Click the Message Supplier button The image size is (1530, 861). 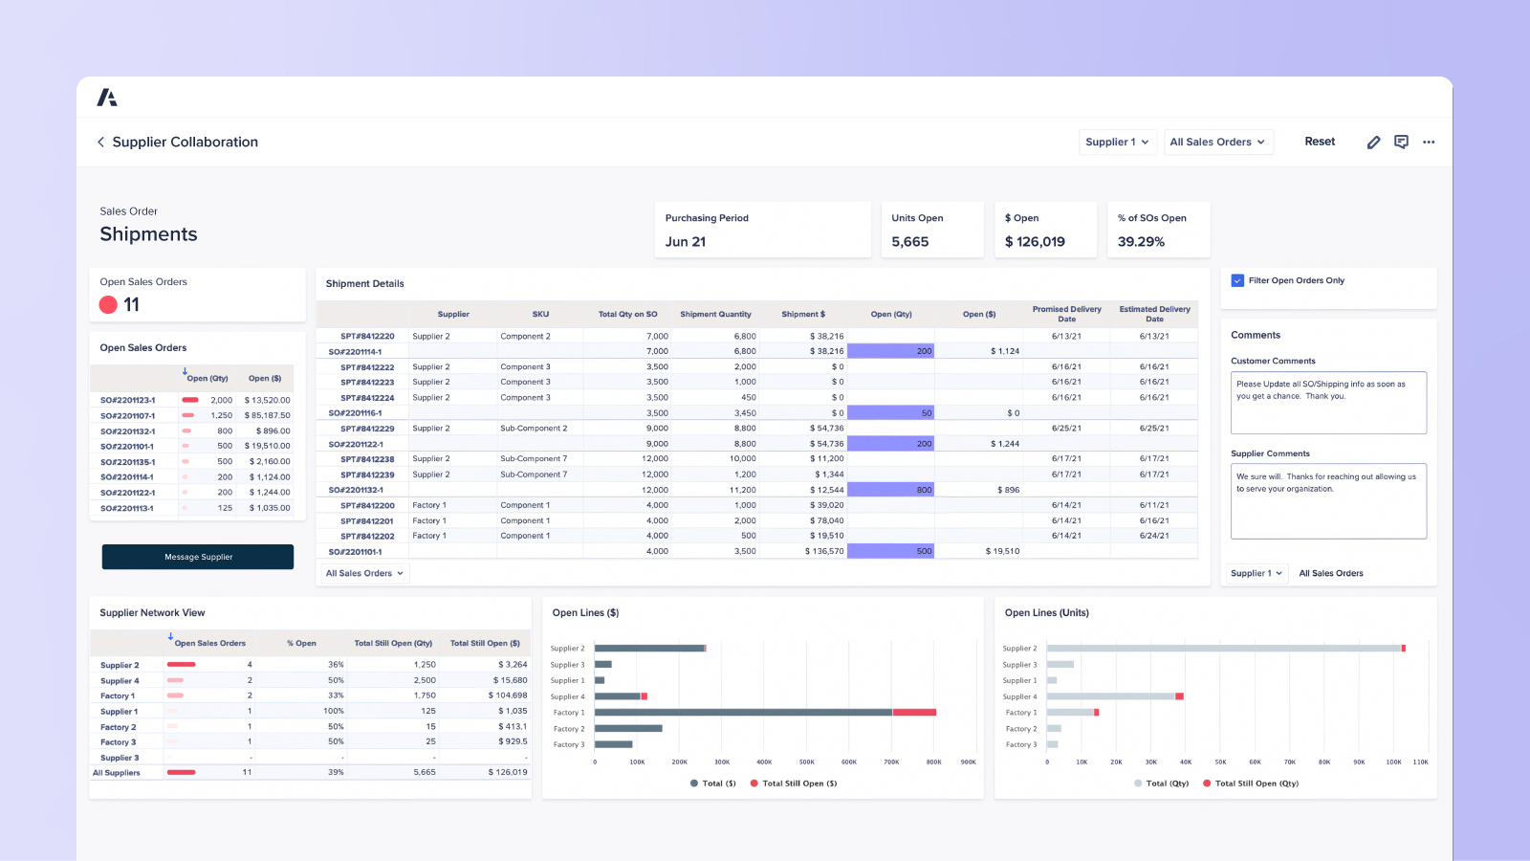tap(198, 557)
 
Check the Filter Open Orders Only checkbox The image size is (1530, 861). tap(1237, 280)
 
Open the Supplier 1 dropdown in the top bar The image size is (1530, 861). tap(1117, 142)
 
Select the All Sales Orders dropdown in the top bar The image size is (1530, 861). tap(1217, 142)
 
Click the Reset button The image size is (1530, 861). tap(1320, 142)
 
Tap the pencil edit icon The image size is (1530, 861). tap(1373, 142)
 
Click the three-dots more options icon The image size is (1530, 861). tap(1429, 142)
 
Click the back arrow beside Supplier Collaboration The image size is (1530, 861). tap(100, 142)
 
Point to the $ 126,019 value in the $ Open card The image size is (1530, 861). tap(1035, 242)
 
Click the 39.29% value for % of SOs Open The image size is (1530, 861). tap(1141, 242)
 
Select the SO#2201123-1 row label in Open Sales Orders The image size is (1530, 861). tap(127, 400)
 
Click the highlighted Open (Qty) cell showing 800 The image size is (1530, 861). tap(891, 490)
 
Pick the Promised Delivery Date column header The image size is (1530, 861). tap(1066, 314)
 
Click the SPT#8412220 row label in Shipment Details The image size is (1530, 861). tap(367, 336)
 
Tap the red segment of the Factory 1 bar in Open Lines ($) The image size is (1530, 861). tap(914, 712)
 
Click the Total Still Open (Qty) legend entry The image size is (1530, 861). tap(1256, 784)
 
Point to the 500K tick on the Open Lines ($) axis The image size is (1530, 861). tap(806, 762)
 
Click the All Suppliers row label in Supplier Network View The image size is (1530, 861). tap(117, 773)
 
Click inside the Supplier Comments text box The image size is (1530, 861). tap(1328, 502)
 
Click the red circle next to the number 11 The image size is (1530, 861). tap(108, 304)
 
